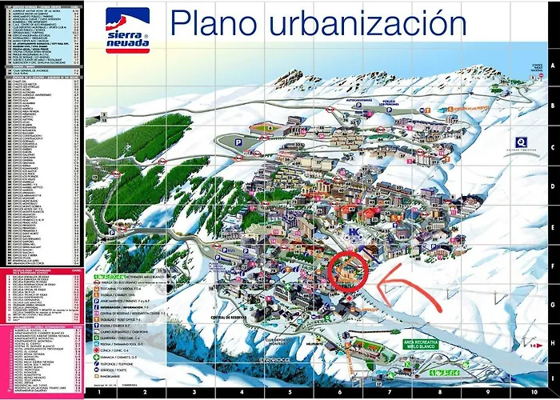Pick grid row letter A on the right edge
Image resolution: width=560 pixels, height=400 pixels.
552,67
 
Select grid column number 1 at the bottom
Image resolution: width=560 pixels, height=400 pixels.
98,393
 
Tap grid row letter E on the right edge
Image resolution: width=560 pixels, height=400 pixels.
552,220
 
